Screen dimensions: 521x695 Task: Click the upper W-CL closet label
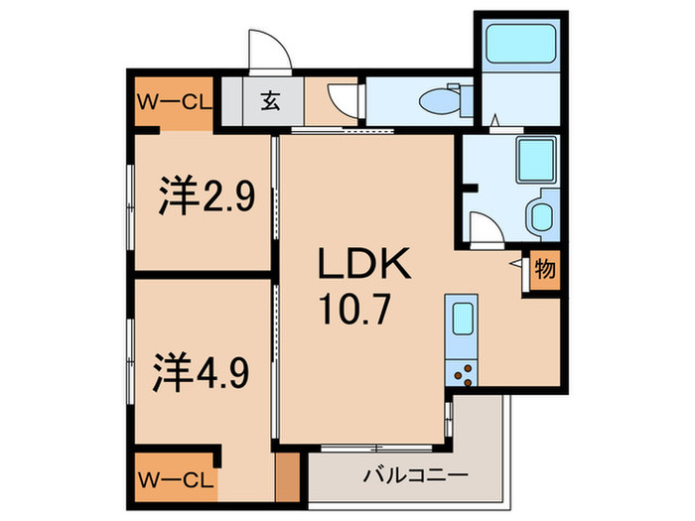pyautogui.click(x=172, y=100)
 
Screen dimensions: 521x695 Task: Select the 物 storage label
pyautogui.click(x=544, y=269)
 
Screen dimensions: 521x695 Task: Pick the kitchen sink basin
pyautogui.click(x=464, y=321)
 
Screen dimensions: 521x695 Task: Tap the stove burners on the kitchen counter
pyautogui.click(x=463, y=373)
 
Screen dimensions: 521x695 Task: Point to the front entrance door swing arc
pyautogui.click(x=265, y=50)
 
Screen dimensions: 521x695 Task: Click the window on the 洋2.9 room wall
pyautogui.click(x=131, y=198)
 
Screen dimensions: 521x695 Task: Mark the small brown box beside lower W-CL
pyautogui.click(x=286, y=477)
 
